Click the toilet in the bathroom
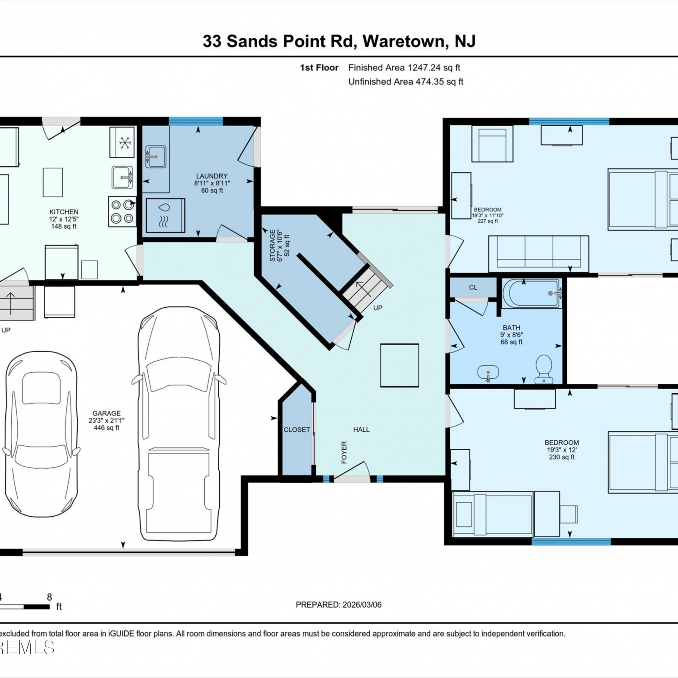pyautogui.click(x=544, y=369)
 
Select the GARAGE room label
pyautogui.click(x=107, y=413)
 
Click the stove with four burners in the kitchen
pyautogui.click(x=122, y=211)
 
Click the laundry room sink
pyautogui.click(x=155, y=156)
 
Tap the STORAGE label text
pyautogui.click(x=273, y=245)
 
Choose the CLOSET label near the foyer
pyautogui.click(x=297, y=429)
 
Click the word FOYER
pyautogui.click(x=344, y=452)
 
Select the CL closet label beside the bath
pyautogui.click(x=473, y=287)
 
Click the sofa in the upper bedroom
pyautogui.click(x=539, y=254)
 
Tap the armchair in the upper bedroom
pyautogui.click(x=492, y=144)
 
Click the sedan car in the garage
pyautogui.click(x=41, y=434)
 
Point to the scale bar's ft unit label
pyautogui.click(x=59, y=607)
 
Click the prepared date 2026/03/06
pyautogui.click(x=362, y=605)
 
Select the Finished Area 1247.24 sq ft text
pyautogui.click(x=404, y=68)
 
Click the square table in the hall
pyautogui.click(x=400, y=365)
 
